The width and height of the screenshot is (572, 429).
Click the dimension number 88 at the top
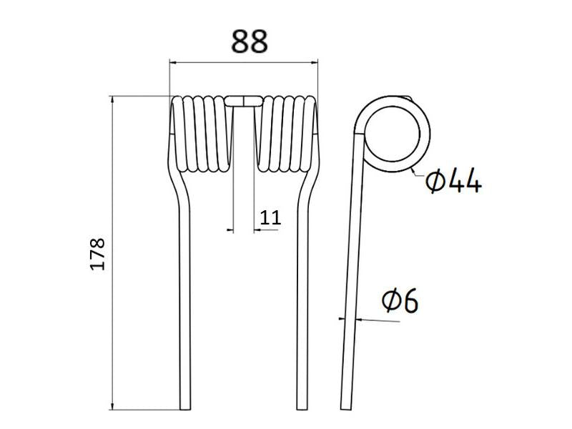coord(249,41)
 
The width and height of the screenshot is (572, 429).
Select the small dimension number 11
coord(270,217)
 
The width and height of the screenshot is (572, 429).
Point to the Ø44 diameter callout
coord(453,182)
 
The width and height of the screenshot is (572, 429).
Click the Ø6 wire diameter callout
coord(399,302)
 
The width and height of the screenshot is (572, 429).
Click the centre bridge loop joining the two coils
coord(243,101)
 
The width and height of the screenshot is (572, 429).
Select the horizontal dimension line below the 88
coord(243,62)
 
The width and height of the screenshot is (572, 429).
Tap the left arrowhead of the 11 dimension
coord(229,230)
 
